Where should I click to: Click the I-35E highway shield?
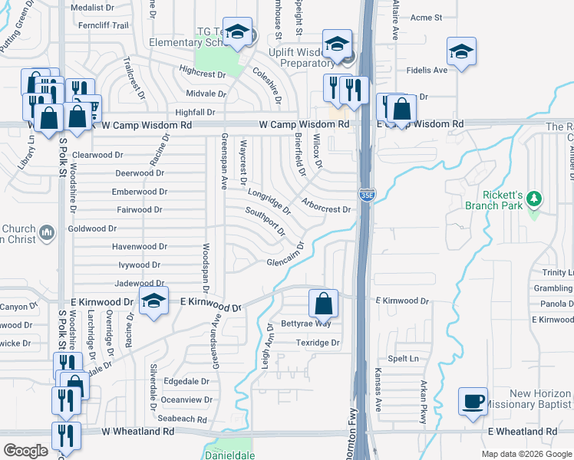tap(368, 195)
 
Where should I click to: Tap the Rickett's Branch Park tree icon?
tap(535, 201)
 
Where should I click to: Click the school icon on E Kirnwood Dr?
tap(153, 301)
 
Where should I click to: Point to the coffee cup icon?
tap(472, 400)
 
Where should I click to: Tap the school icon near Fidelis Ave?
tap(460, 52)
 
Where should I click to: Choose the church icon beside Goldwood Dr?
tap(45, 232)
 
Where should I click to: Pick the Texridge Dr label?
tap(318, 343)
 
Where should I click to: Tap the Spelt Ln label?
tap(404, 358)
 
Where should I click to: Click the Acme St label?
tap(427, 17)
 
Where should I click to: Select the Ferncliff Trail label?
tap(98, 25)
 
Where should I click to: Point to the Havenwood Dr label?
tap(140, 247)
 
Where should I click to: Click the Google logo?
tap(26, 451)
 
